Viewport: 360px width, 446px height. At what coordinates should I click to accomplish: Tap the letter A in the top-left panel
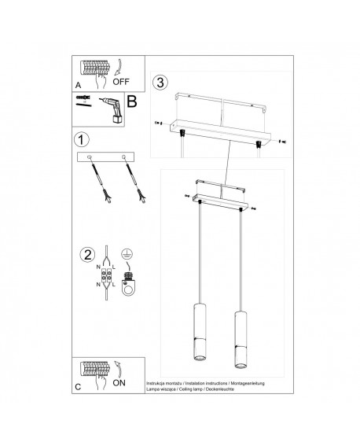[77, 82]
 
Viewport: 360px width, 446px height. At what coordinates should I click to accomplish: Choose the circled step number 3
[160, 83]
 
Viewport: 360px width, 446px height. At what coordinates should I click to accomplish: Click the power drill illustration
[109, 109]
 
